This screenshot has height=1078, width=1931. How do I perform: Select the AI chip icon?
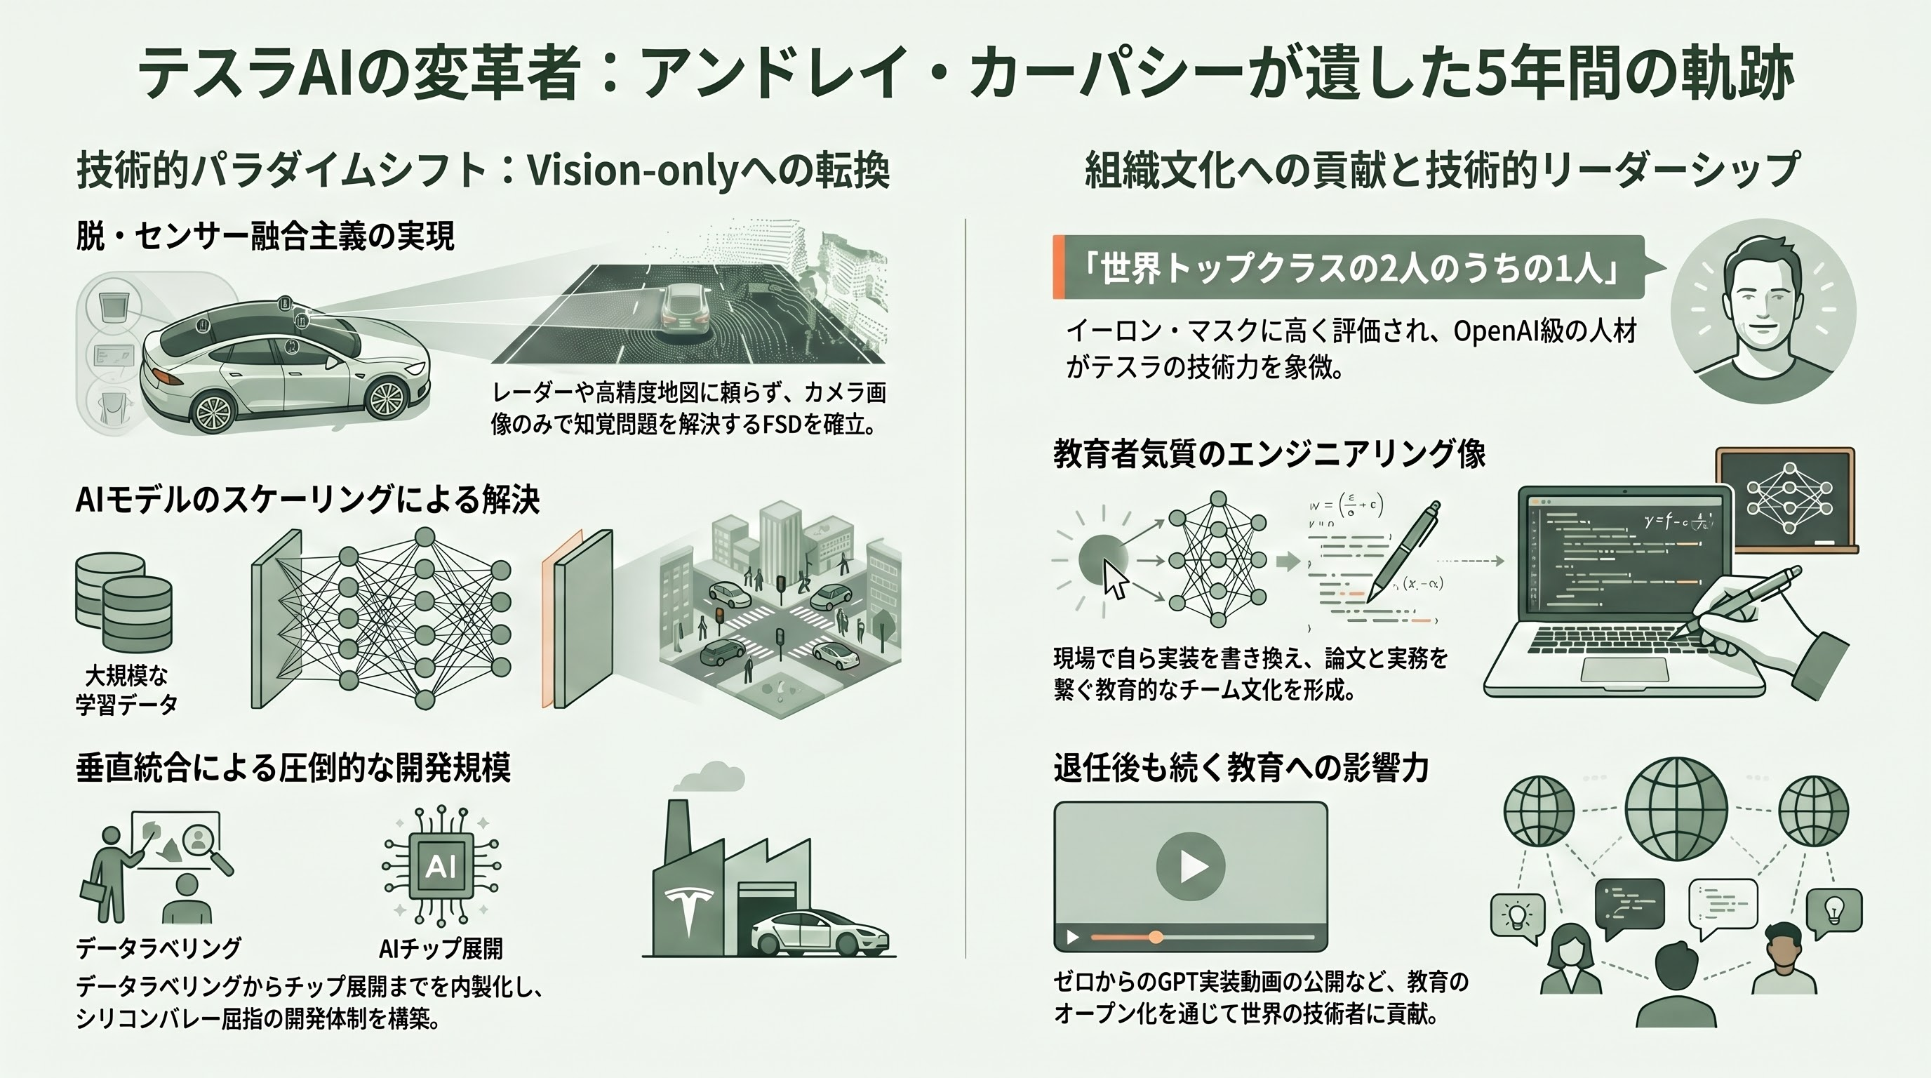(441, 866)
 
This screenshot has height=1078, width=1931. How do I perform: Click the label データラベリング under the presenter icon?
(159, 948)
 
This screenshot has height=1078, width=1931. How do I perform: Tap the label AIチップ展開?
(441, 948)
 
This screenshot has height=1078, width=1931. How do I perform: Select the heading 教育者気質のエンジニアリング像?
(1269, 453)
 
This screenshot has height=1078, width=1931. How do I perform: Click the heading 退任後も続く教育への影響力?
(1241, 768)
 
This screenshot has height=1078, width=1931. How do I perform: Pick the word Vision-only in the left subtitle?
(634, 172)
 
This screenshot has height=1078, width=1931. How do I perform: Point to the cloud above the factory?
(709, 777)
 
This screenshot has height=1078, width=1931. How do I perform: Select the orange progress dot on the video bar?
(1156, 937)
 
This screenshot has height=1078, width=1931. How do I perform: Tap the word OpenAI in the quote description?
(1495, 331)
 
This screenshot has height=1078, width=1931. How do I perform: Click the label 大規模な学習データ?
(126, 690)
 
